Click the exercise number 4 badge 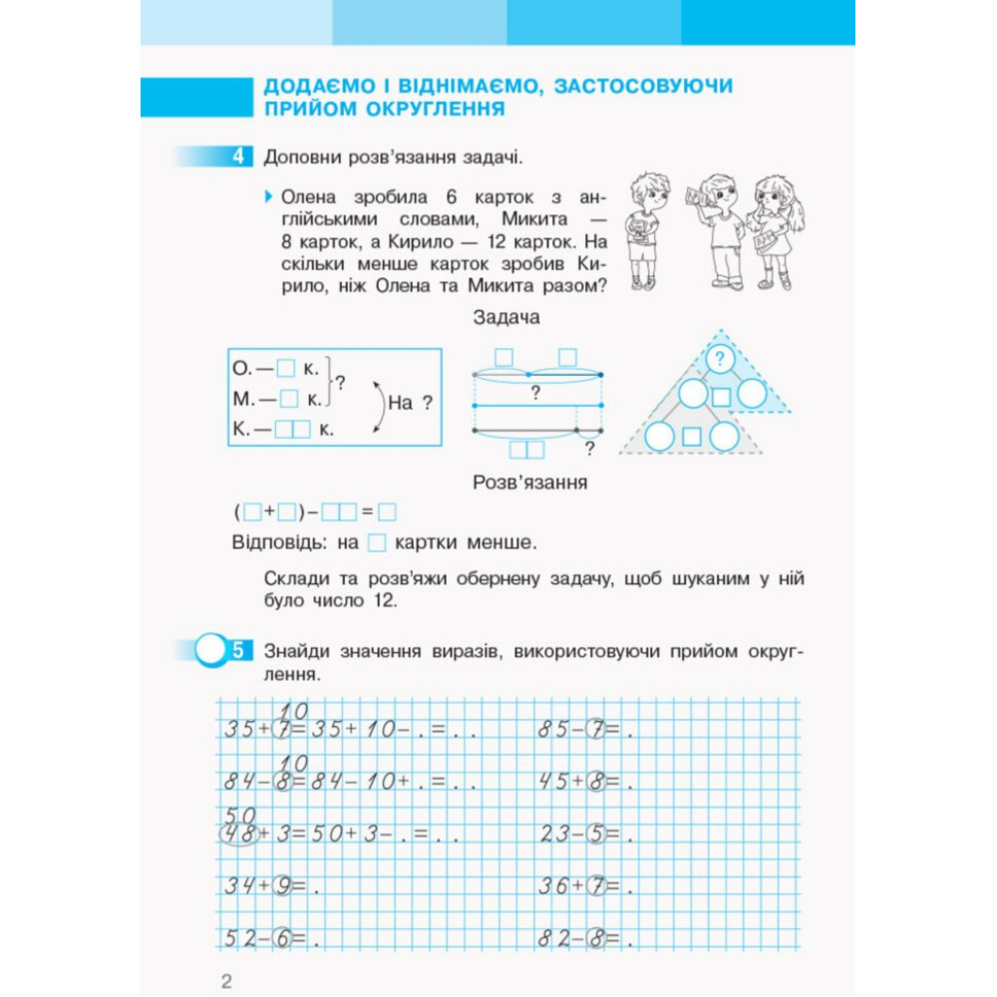(x=239, y=157)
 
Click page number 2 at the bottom (x=226, y=980)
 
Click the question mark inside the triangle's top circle (x=719, y=359)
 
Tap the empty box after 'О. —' (x=287, y=369)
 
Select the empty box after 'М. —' (x=289, y=399)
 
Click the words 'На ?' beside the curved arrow (x=410, y=404)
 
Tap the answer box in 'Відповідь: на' (x=377, y=543)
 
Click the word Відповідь (x=274, y=543)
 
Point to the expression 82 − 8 (x=578, y=937)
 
